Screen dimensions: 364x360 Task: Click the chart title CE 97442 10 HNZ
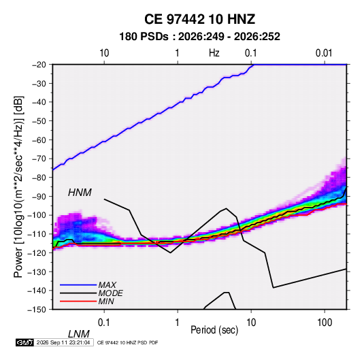point(199,19)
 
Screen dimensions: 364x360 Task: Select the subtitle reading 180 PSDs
point(144,37)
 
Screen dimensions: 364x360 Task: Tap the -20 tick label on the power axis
point(39,65)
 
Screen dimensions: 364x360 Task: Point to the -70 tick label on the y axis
point(39,159)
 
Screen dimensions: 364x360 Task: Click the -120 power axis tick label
point(37,252)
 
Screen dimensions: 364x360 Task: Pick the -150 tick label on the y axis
point(37,310)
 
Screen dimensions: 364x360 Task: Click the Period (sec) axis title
point(214,330)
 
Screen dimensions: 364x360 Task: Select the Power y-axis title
point(18,186)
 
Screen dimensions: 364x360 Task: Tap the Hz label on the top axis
point(214,53)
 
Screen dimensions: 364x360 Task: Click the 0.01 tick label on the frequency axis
point(324,53)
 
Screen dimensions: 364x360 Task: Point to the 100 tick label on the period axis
point(325,323)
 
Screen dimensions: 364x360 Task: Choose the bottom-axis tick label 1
point(178,323)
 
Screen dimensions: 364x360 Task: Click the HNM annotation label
point(80,193)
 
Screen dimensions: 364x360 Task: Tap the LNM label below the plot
point(79,334)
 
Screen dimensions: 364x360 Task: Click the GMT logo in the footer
point(25,342)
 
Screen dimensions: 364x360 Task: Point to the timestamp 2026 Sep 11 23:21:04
point(63,342)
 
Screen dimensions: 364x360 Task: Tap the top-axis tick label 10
point(104,53)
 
